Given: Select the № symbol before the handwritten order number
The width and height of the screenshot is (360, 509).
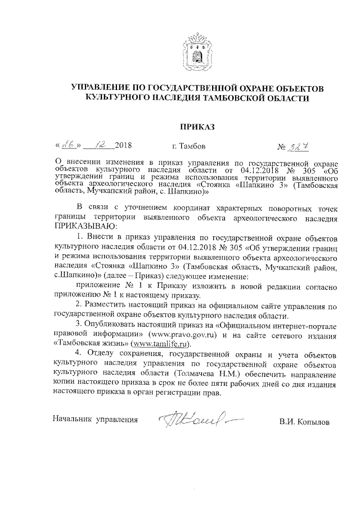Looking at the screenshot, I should (x=282, y=147).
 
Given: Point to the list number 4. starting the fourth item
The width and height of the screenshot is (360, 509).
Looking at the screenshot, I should (x=80, y=355).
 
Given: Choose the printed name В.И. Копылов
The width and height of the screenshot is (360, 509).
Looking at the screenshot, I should (x=307, y=421).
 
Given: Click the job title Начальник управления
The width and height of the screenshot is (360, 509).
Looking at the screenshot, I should (x=95, y=420).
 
